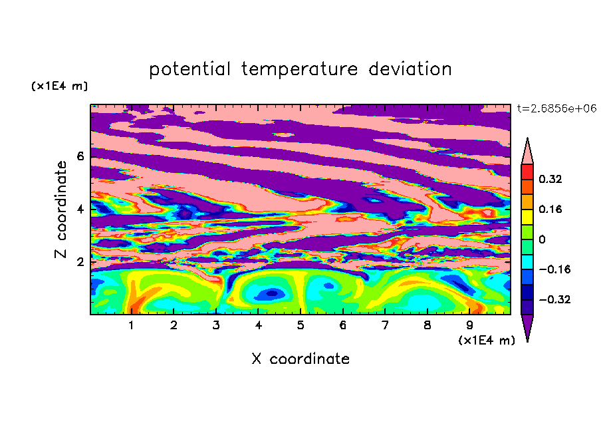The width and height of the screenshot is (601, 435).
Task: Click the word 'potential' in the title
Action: (189, 70)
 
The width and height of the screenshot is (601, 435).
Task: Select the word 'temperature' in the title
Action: (300, 69)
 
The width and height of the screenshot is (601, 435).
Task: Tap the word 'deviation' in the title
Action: (410, 69)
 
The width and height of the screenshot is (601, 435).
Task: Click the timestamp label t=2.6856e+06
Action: (556, 108)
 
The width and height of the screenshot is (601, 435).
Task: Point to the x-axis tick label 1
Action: (131, 325)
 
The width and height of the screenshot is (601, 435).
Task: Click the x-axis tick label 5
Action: (300, 325)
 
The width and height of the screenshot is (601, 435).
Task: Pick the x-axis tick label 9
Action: (469, 325)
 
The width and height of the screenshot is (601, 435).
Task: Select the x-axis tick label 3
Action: (216, 325)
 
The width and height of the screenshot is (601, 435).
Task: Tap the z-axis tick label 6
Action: (80, 156)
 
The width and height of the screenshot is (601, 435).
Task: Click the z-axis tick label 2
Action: (80, 262)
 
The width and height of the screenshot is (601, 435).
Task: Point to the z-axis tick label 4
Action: (80, 210)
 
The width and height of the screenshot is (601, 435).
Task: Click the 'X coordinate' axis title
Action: (300, 359)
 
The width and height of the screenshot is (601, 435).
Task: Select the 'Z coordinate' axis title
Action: (61, 210)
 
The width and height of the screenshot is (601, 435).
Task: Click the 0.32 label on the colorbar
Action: (550, 179)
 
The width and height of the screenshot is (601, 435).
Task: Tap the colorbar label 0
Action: (542, 239)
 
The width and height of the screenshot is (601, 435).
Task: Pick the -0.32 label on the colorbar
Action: (554, 299)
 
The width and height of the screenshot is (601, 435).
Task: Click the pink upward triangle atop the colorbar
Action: (527, 153)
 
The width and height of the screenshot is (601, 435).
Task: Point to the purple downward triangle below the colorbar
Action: (527, 325)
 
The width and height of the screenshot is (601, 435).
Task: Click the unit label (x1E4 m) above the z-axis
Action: (59, 86)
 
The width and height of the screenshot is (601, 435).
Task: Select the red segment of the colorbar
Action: (527, 172)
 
